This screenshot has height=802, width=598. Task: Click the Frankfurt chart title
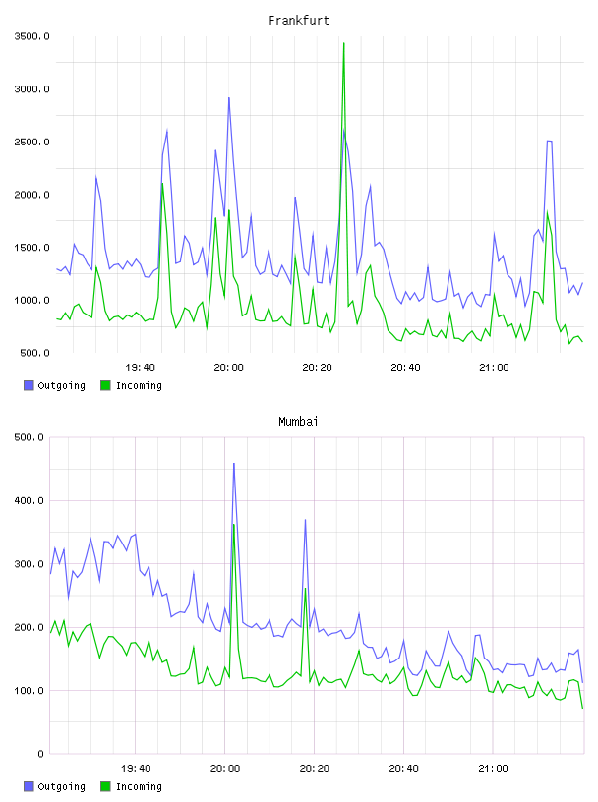[299, 21]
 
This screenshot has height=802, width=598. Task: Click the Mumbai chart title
[298, 422]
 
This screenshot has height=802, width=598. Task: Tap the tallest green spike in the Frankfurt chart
[343, 44]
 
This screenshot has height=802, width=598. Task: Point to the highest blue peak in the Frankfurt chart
[229, 98]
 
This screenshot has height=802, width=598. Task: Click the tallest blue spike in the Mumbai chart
[234, 464]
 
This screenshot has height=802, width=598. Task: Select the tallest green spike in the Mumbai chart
[233, 525]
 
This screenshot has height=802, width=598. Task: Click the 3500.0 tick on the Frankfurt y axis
[31, 36]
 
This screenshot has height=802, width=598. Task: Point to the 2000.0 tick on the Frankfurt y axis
[31, 195]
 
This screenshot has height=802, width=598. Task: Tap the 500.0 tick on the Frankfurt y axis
[34, 353]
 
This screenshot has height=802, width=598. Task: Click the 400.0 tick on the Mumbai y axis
[30, 500]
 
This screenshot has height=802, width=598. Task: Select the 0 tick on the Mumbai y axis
[40, 754]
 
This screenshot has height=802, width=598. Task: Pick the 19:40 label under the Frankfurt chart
[140, 368]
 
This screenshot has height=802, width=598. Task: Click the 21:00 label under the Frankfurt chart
[494, 368]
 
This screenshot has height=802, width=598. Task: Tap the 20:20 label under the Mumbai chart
[315, 769]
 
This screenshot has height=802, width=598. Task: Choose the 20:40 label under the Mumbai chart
[403, 769]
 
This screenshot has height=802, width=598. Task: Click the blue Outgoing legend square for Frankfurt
[29, 385]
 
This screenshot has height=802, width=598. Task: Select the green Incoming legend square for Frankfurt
[105, 385]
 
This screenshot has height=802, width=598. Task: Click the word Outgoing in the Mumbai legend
[61, 786]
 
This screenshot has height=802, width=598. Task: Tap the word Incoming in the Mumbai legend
[139, 786]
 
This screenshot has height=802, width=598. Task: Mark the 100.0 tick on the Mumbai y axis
[30, 691]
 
